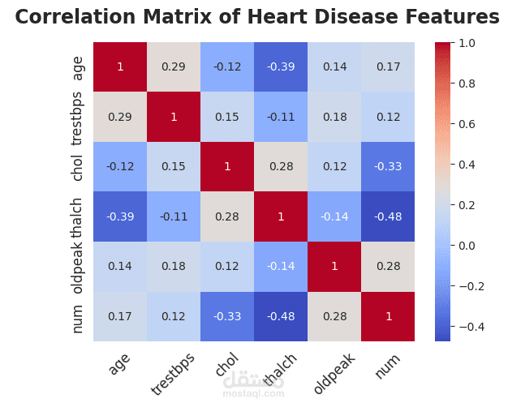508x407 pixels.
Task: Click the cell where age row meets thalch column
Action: point(281,66)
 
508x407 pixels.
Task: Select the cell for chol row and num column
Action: point(389,167)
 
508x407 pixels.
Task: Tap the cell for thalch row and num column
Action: point(389,216)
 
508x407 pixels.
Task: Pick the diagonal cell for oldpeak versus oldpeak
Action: point(334,267)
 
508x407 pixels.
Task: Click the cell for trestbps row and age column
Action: point(120,117)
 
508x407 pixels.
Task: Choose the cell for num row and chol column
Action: point(227,316)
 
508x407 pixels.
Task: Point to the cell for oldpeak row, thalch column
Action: point(281,267)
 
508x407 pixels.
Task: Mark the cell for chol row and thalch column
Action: point(281,167)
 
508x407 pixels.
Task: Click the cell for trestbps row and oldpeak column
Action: point(334,117)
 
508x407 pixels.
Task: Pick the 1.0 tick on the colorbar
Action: point(467,42)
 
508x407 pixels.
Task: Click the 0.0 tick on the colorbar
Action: point(467,245)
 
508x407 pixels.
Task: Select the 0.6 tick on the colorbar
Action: point(467,123)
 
